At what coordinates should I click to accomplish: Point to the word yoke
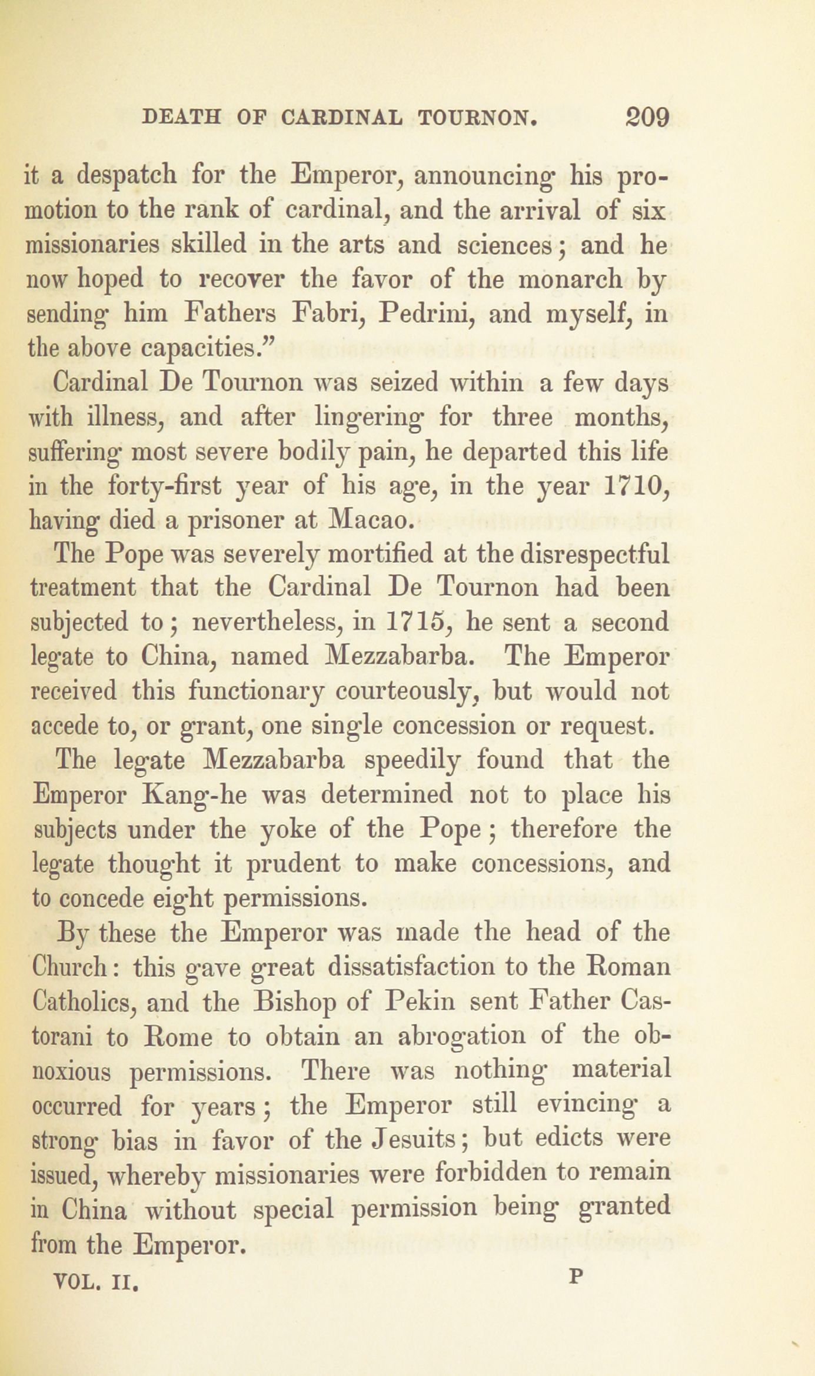(287, 829)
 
